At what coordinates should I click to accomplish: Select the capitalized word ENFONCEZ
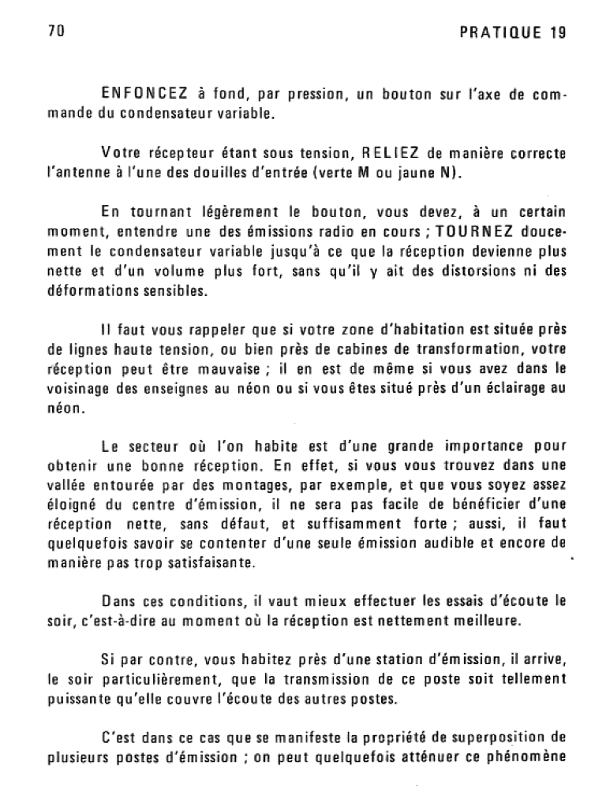[x=149, y=95]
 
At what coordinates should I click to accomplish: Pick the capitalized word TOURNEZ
[x=476, y=233]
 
